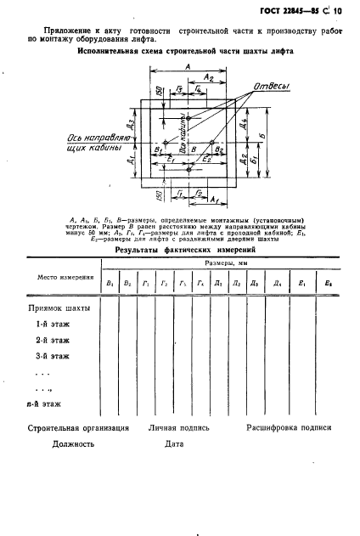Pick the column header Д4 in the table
click(x=274, y=284)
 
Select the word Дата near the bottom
click(x=174, y=444)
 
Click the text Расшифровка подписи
click(x=288, y=428)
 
